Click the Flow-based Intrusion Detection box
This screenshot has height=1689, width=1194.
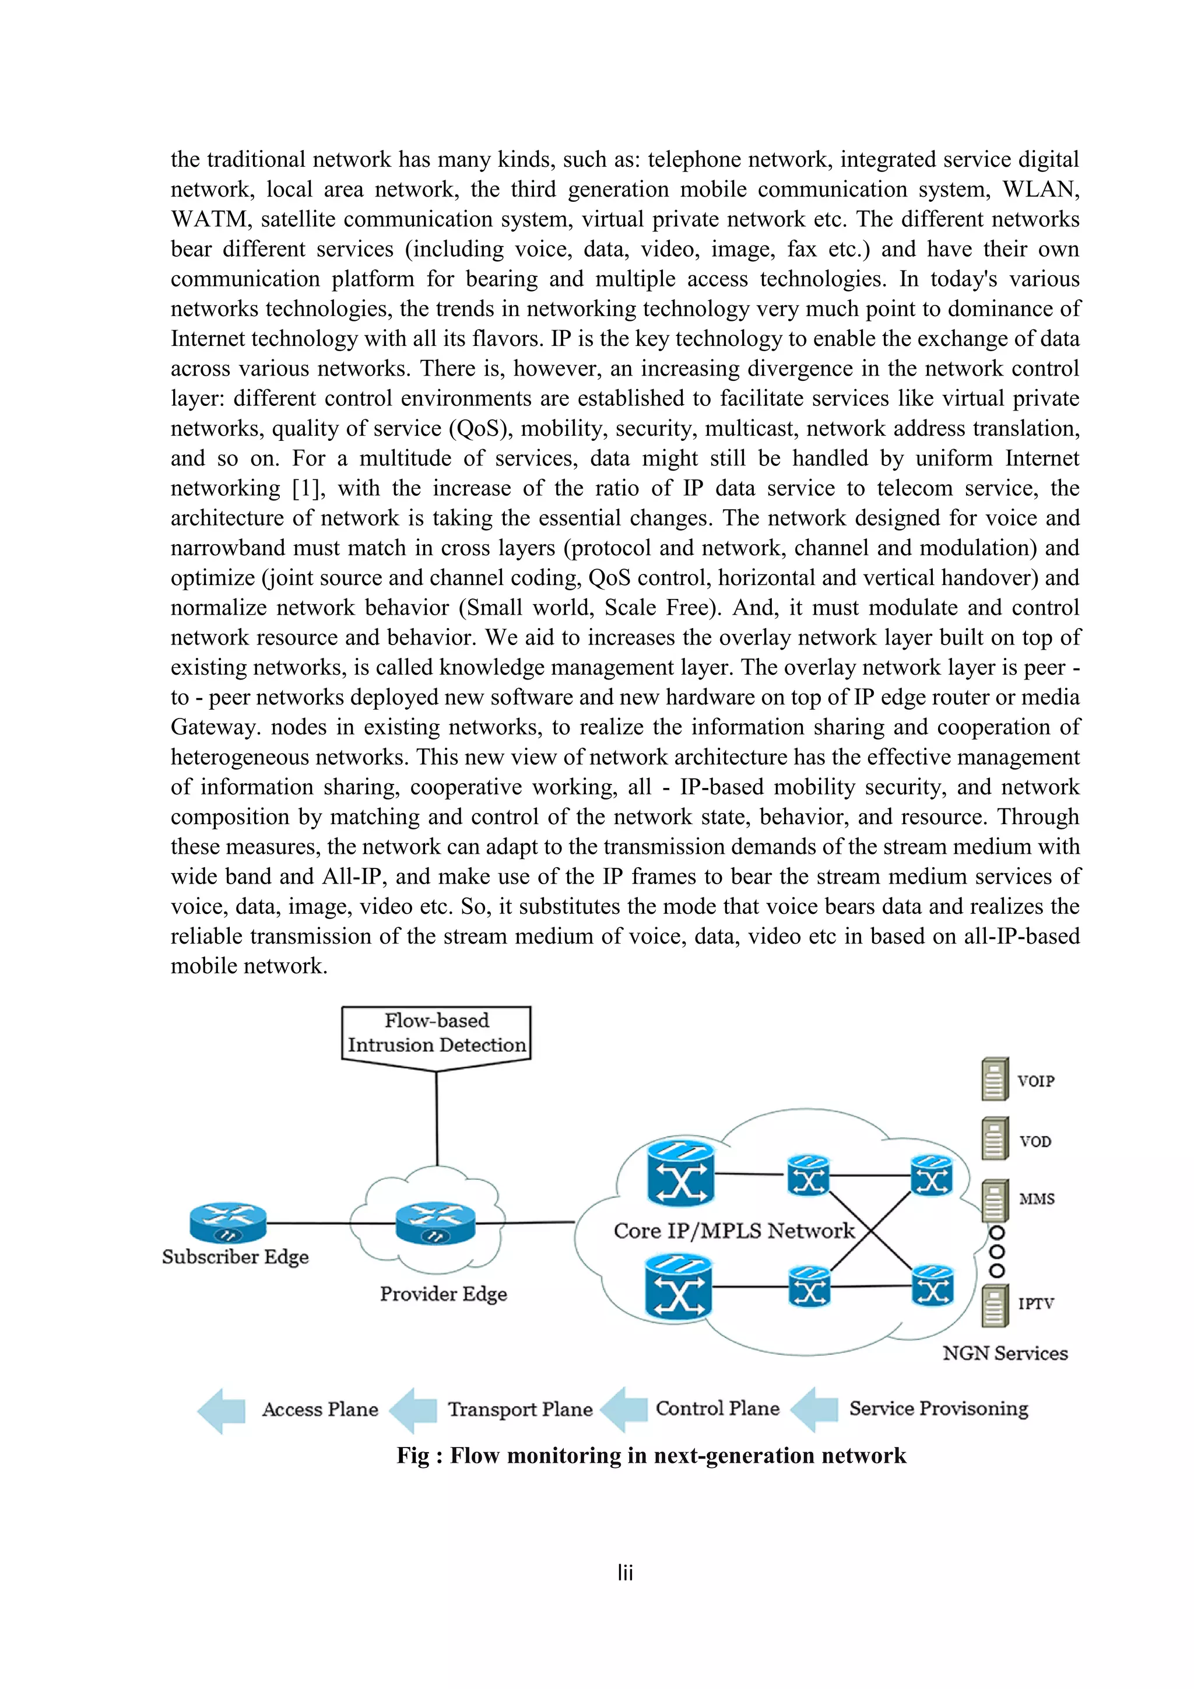pos(436,1032)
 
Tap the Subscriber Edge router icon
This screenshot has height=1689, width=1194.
pos(228,1222)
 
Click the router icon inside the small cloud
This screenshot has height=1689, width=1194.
pos(436,1222)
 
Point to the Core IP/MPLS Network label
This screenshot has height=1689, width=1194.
pos(734,1231)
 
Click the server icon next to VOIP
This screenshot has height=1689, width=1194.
pos(995,1079)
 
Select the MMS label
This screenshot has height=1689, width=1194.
pos(1037,1199)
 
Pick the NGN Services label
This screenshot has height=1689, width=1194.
pos(1005,1353)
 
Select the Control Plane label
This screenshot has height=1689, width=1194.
pos(717,1408)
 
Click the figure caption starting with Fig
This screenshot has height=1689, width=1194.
pos(651,1455)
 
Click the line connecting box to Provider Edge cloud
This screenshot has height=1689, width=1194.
pos(437,1118)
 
